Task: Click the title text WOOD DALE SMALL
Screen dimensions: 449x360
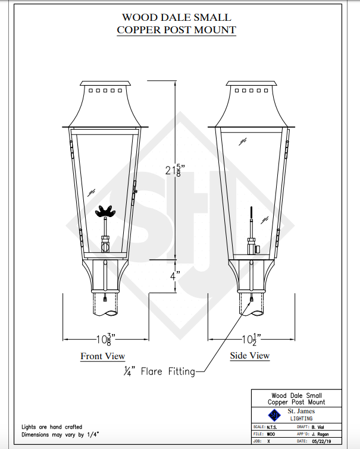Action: click(176, 18)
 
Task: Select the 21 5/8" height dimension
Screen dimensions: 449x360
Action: click(174, 170)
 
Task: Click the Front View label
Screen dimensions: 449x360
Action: click(103, 356)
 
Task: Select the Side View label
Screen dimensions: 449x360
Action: click(250, 356)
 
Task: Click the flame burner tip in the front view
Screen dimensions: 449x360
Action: click(107, 211)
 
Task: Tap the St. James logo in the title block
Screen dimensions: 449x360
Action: click(274, 415)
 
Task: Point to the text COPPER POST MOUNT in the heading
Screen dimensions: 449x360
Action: click(176, 30)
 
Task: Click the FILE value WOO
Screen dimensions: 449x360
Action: click(271, 434)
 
